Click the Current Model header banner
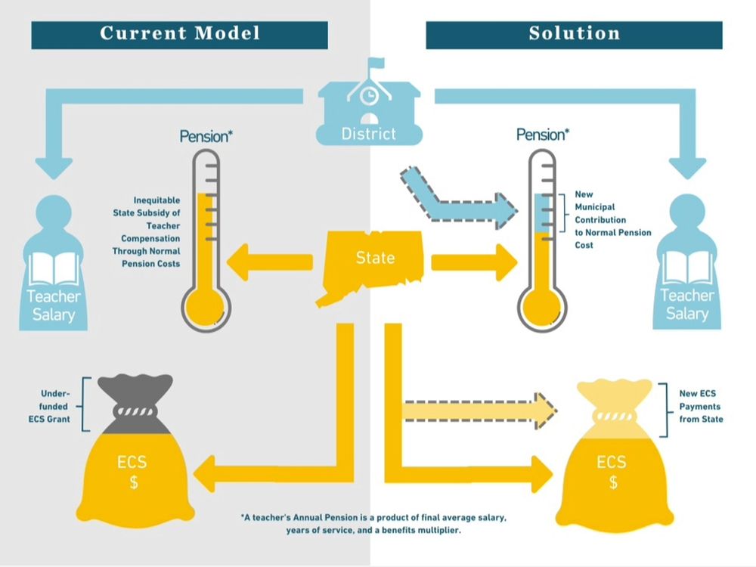pyautogui.click(x=179, y=34)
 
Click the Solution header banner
pyautogui.click(x=574, y=34)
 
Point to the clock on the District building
pyautogui.click(x=368, y=97)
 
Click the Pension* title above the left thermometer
pyautogui.click(x=206, y=136)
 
